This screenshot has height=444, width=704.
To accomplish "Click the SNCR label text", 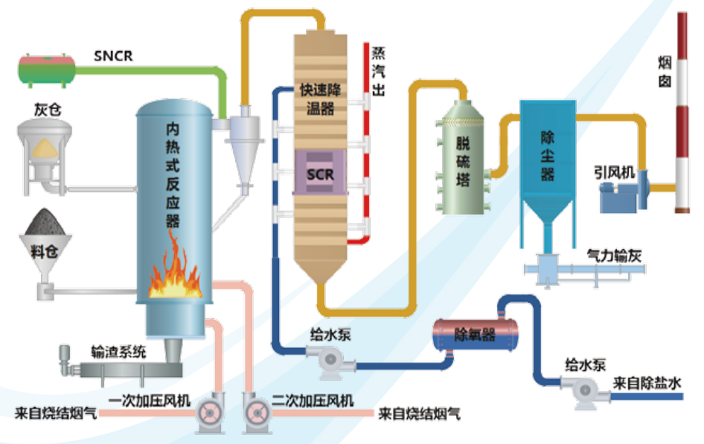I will click(x=114, y=55).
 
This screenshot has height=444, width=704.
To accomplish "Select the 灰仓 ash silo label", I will click(x=47, y=110).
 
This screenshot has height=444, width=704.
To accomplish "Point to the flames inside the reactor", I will click(x=176, y=272).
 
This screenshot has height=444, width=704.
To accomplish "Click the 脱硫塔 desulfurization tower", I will click(x=463, y=160).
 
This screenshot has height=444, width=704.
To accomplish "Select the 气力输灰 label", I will click(x=613, y=256).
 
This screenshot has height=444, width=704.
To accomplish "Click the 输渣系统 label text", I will click(x=119, y=352).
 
